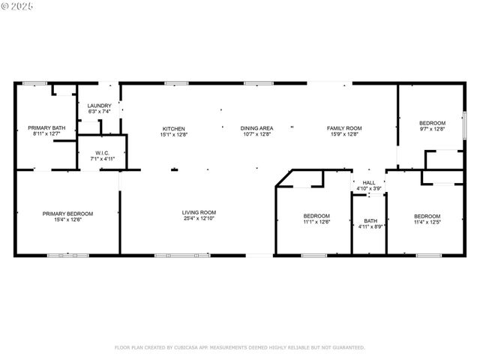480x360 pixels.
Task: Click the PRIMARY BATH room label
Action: pyautogui.click(x=46, y=128)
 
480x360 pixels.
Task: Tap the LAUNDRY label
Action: pyautogui.click(x=100, y=106)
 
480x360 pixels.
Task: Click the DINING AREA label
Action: pyautogui.click(x=256, y=128)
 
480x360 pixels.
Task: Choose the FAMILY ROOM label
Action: pyautogui.click(x=344, y=128)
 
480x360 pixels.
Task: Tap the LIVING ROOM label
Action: pyautogui.click(x=199, y=213)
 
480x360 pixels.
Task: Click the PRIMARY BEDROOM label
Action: pyautogui.click(x=67, y=213)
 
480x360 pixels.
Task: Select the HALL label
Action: pyautogui.click(x=369, y=182)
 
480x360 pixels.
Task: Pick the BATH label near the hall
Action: pyautogui.click(x=370, y=220)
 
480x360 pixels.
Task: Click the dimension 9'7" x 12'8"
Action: pyautogui.click(x=432, y=129)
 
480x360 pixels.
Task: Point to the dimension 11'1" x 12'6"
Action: pyautogui.click(x=316, y=222)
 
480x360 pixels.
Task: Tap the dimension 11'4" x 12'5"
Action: pyautogui.click(x=427, y=222)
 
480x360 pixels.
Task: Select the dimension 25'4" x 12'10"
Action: pyautogui.click(x=199, y=219)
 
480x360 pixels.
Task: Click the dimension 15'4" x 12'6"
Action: pyautogui.click(x=67, y=219)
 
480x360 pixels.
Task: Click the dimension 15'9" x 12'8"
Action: pyautogui.click(x=344, y=135)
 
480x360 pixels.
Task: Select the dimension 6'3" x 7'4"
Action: pyautogui.click(x=100, y=112)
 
